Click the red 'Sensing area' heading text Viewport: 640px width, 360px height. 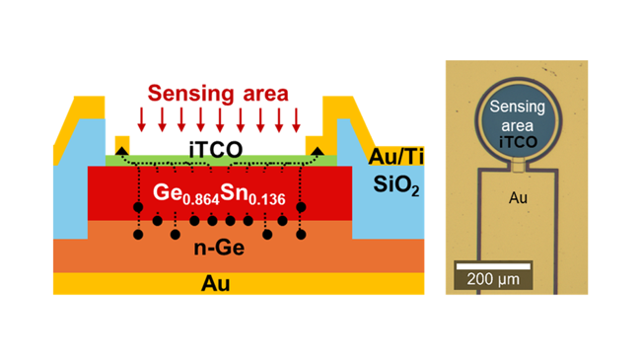point(218,94)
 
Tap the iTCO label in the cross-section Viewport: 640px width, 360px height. point(216,149)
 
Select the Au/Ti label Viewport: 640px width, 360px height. point(395,156)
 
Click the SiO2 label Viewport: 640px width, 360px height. point(396,185)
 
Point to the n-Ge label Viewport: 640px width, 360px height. point(219,248)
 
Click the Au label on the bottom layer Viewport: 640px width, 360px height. point(216,283)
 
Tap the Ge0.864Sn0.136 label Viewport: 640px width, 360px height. point(219,194)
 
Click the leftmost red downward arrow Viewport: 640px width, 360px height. point(142,120)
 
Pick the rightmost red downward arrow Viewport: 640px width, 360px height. point(296,120)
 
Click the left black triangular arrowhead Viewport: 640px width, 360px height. point(121,151)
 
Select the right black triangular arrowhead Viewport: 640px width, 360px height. point(318,151)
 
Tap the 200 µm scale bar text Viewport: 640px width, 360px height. point(493,279)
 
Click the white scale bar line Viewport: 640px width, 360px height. point(493,266)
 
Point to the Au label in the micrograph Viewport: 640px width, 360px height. point(518,198)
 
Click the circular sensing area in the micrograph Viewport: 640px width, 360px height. point(519,120)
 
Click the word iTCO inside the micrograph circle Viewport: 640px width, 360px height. point(519,142)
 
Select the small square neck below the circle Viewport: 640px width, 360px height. point(519,167)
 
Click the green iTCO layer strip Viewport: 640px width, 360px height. point(221,161)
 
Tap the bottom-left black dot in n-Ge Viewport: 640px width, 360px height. point(138,235)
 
